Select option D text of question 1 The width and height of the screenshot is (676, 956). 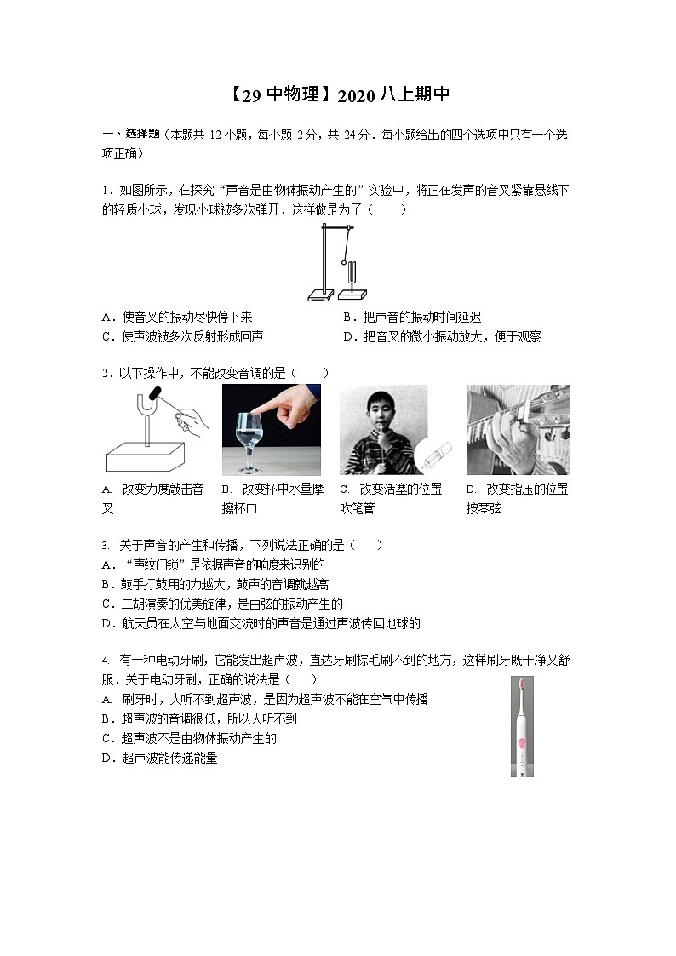coord(441,336)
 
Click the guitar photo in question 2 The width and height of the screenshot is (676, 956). coord(518,430)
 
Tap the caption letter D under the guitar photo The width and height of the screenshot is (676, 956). coord(470,489)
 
